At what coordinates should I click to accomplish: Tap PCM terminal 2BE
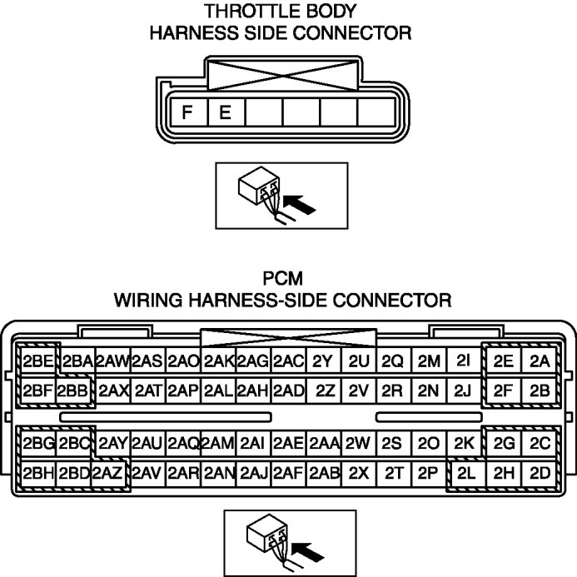point(38,361)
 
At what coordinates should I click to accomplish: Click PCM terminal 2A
point(540,361)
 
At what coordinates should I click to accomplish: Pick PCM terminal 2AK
point(218,361)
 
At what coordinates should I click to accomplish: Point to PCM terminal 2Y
point(325,361)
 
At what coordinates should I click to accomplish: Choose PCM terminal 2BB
point(73,390)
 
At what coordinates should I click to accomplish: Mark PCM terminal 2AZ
point(109,473)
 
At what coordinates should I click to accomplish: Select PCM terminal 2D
point(540,473)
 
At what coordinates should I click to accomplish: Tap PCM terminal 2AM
point(218,443)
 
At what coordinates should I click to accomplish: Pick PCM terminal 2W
point(359,443)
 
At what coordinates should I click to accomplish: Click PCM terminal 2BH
point(38,473)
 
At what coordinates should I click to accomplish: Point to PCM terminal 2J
point(464,390)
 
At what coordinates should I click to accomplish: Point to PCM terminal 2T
point(394,473)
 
